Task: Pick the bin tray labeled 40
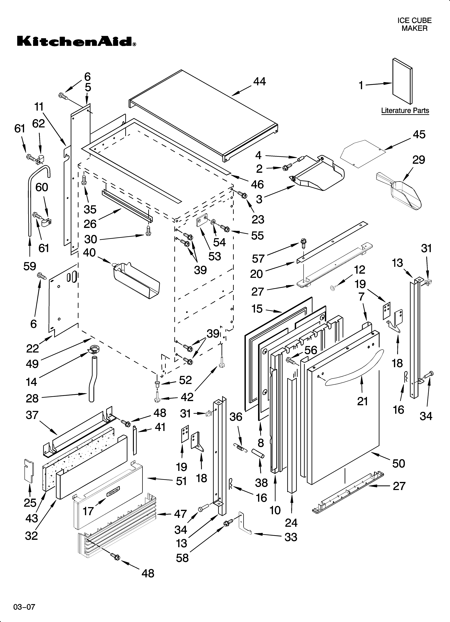click(x=136, y=280)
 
